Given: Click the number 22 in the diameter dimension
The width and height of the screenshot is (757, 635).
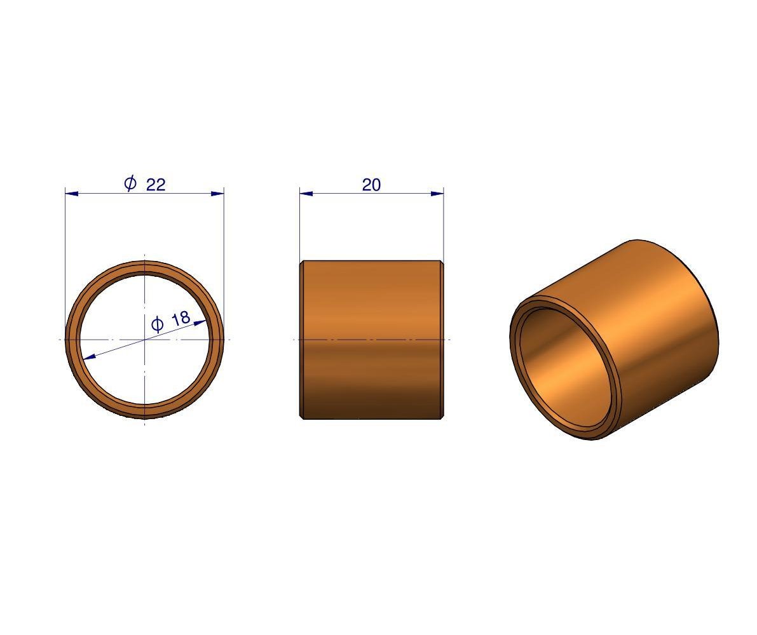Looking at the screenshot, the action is (156, 185).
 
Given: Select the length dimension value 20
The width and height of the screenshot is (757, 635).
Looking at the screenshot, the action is (371, 185).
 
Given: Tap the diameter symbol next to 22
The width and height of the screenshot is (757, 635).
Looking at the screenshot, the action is (130, 184).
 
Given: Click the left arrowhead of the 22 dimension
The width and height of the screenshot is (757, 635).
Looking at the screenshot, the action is (71, 194).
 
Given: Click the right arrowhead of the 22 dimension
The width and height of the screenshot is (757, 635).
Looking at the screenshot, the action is (218, 194).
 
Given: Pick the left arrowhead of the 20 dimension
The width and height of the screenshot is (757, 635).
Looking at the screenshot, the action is (306, 194).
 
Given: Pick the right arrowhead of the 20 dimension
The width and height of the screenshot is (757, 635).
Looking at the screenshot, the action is (437, 194).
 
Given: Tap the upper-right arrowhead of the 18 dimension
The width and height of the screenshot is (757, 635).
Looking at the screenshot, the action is (200, 323).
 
